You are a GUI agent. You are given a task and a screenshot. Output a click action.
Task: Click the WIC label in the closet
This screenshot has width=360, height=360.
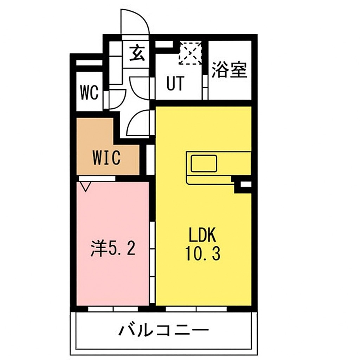click(x=107, y=158)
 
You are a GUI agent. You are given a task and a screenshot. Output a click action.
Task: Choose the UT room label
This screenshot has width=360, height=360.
click(x=175, y=84)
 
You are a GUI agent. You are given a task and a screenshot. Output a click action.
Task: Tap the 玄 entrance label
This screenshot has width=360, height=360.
click(x=137, y=54)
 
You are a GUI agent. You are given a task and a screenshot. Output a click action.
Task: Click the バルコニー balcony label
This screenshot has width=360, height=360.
click(x=163, y=330)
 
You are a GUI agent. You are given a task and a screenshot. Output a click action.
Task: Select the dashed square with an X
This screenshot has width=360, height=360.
click(x=191, y=53)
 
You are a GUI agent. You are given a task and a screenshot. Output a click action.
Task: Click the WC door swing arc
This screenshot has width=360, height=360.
click(x=116, y=99)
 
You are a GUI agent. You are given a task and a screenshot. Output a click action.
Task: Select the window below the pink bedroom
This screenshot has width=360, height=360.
click(x=113, y=309)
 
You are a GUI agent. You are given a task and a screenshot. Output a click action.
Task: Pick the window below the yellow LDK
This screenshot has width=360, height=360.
click(x=196, y=309)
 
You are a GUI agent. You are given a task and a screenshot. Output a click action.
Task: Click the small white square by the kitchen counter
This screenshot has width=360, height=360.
click(x=246, y=184)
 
